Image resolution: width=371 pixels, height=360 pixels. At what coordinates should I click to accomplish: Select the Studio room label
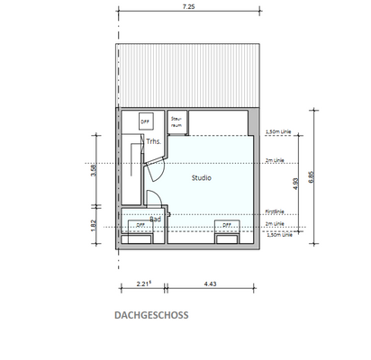click(x=202, y=178)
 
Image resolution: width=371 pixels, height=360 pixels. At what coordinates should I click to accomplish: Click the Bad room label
click(x=155, y=218)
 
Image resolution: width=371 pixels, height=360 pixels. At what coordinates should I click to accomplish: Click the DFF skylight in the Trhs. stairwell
click(x=145, y=121)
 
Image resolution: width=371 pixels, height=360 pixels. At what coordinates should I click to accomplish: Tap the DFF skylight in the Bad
click(x=140, y=226)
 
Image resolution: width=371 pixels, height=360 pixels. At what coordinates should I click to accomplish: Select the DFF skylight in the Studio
click(x=227, y=226)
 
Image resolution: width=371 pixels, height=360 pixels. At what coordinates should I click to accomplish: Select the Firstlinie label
click(x=274, y=212)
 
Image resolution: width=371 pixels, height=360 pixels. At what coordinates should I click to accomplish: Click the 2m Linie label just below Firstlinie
click(x=274, y=222)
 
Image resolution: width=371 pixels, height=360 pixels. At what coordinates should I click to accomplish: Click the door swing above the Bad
click(x=153, y=203)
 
